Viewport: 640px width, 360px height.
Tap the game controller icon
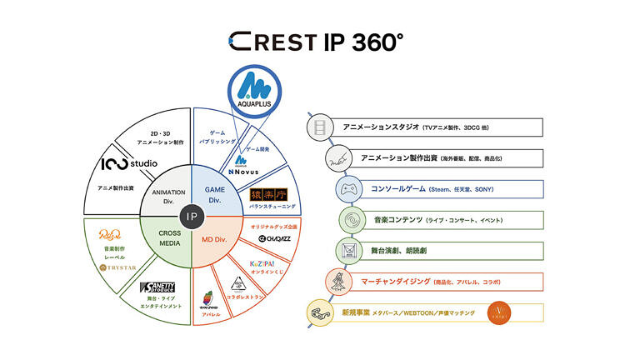tap(349, 190)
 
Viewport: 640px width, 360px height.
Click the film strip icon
tap(320, 127)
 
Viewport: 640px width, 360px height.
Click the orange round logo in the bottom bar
tap(497, 312)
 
